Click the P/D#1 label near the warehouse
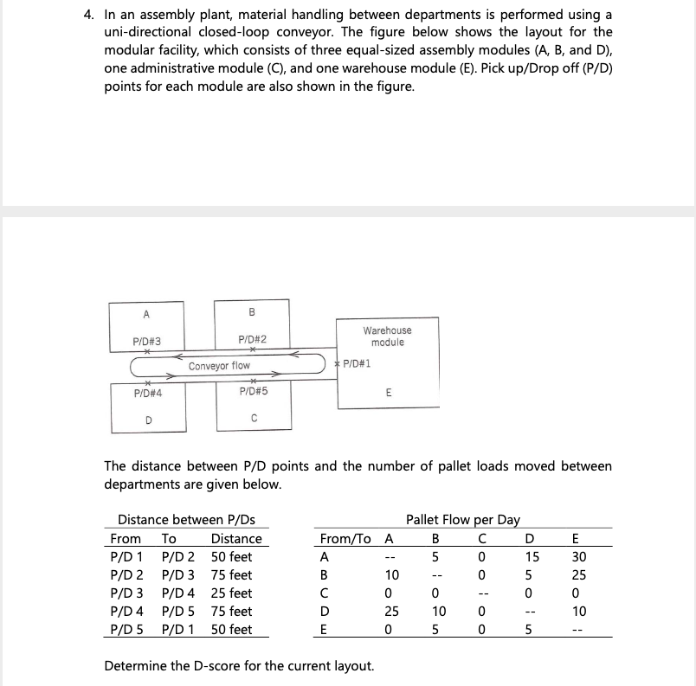tap(357, 364)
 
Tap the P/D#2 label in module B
tap(252, 340)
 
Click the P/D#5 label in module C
tap(253, 392)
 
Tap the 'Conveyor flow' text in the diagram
tap(219, 366)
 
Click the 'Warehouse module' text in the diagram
tap(387, 337)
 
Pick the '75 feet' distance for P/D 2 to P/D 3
tap(231, 575)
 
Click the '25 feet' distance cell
tap(231, 593)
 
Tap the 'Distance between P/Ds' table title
tap(186, 520)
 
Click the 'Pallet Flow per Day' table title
tap(462, 520)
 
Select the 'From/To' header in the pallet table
tap(344, 539)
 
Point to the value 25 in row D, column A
tap(391, 612)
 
